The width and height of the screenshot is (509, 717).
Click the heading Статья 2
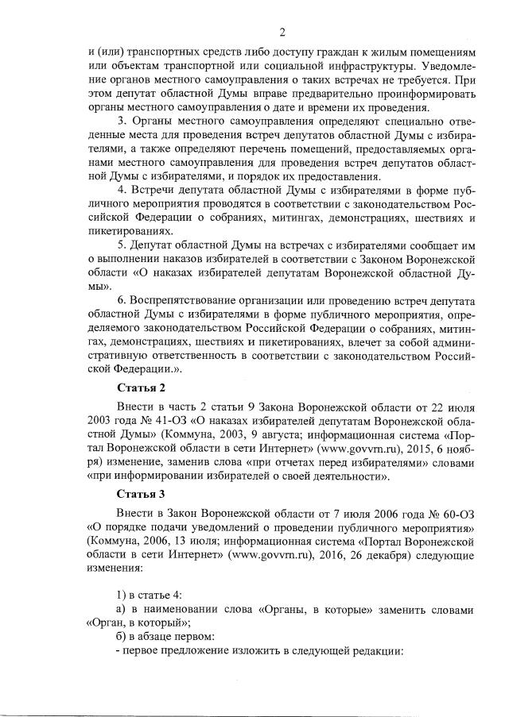coord(141,387)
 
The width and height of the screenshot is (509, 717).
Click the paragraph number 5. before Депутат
coord(122,244)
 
